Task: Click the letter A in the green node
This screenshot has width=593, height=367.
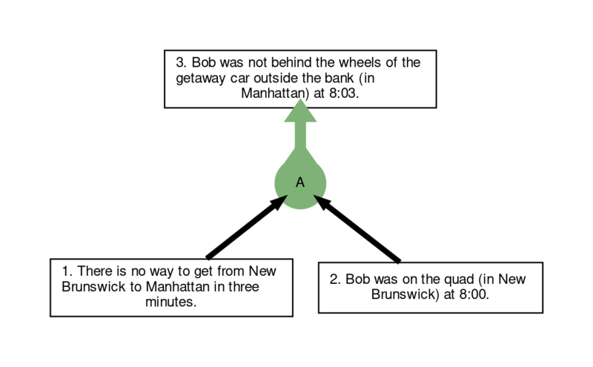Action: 300,182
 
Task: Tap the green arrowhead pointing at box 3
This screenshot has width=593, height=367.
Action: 300,111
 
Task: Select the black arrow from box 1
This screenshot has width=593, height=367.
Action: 247,227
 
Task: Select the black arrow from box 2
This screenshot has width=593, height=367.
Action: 357,228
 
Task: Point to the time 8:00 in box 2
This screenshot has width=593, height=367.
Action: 474,294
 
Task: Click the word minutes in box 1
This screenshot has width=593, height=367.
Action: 171,302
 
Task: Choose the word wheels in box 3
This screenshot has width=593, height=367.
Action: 360,62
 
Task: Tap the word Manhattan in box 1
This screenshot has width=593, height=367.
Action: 178,286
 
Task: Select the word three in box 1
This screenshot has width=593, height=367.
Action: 244,286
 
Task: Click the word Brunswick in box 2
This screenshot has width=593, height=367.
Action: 405,294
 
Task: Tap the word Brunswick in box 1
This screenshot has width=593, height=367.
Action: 94,286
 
